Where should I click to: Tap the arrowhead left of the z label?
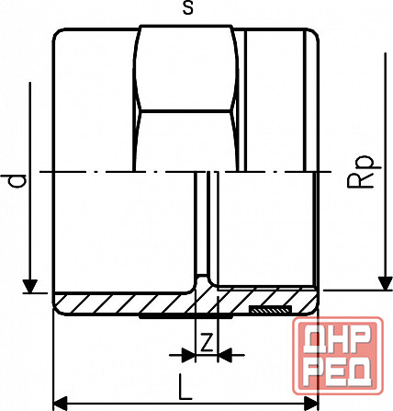tap(189, 354)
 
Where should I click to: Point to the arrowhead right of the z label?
tap(225, 354)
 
